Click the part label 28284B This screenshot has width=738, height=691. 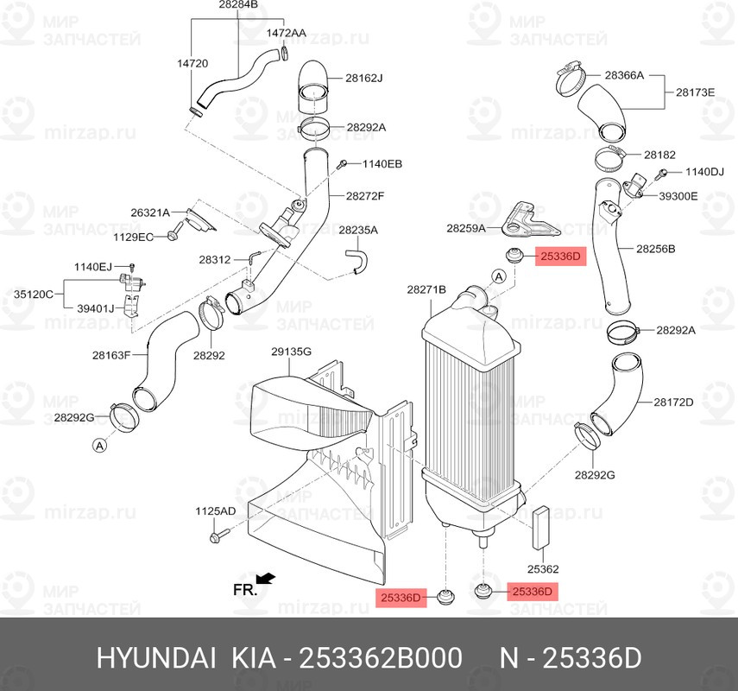(238, 4)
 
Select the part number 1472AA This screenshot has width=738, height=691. (287, 33)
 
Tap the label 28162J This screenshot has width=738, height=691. (364, 79)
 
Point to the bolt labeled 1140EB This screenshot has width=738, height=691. (343, 164)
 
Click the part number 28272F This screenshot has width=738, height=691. (365, 196)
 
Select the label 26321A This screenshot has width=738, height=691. (150, 212)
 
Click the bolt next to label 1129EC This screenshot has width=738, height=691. (174, 231)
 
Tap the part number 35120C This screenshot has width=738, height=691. (34, 295)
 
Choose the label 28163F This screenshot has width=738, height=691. (111, 355)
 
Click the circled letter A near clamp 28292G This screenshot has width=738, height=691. (99, 445)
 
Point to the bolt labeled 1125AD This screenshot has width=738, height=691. (218, 535)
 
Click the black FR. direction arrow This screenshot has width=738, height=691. (266, 579)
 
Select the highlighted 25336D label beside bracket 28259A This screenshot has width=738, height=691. (560, 257)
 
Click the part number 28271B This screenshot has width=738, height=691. (426, 290)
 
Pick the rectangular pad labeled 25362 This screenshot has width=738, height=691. (541, 528)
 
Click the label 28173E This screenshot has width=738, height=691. (695, 92)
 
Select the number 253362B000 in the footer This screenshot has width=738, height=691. (381, 658)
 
